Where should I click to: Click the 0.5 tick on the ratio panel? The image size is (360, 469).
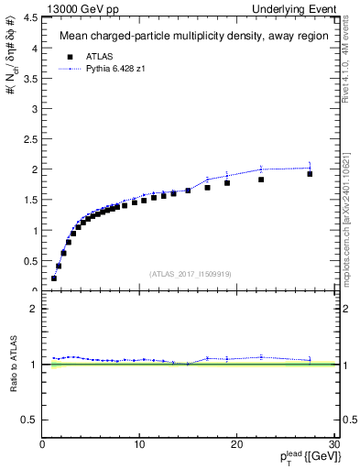click(31, 420)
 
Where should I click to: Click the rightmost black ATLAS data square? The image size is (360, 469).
click(310, 173)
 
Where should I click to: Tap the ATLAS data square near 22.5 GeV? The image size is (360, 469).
click(261, 180)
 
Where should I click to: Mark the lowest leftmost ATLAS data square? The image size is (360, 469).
click(54, 278)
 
